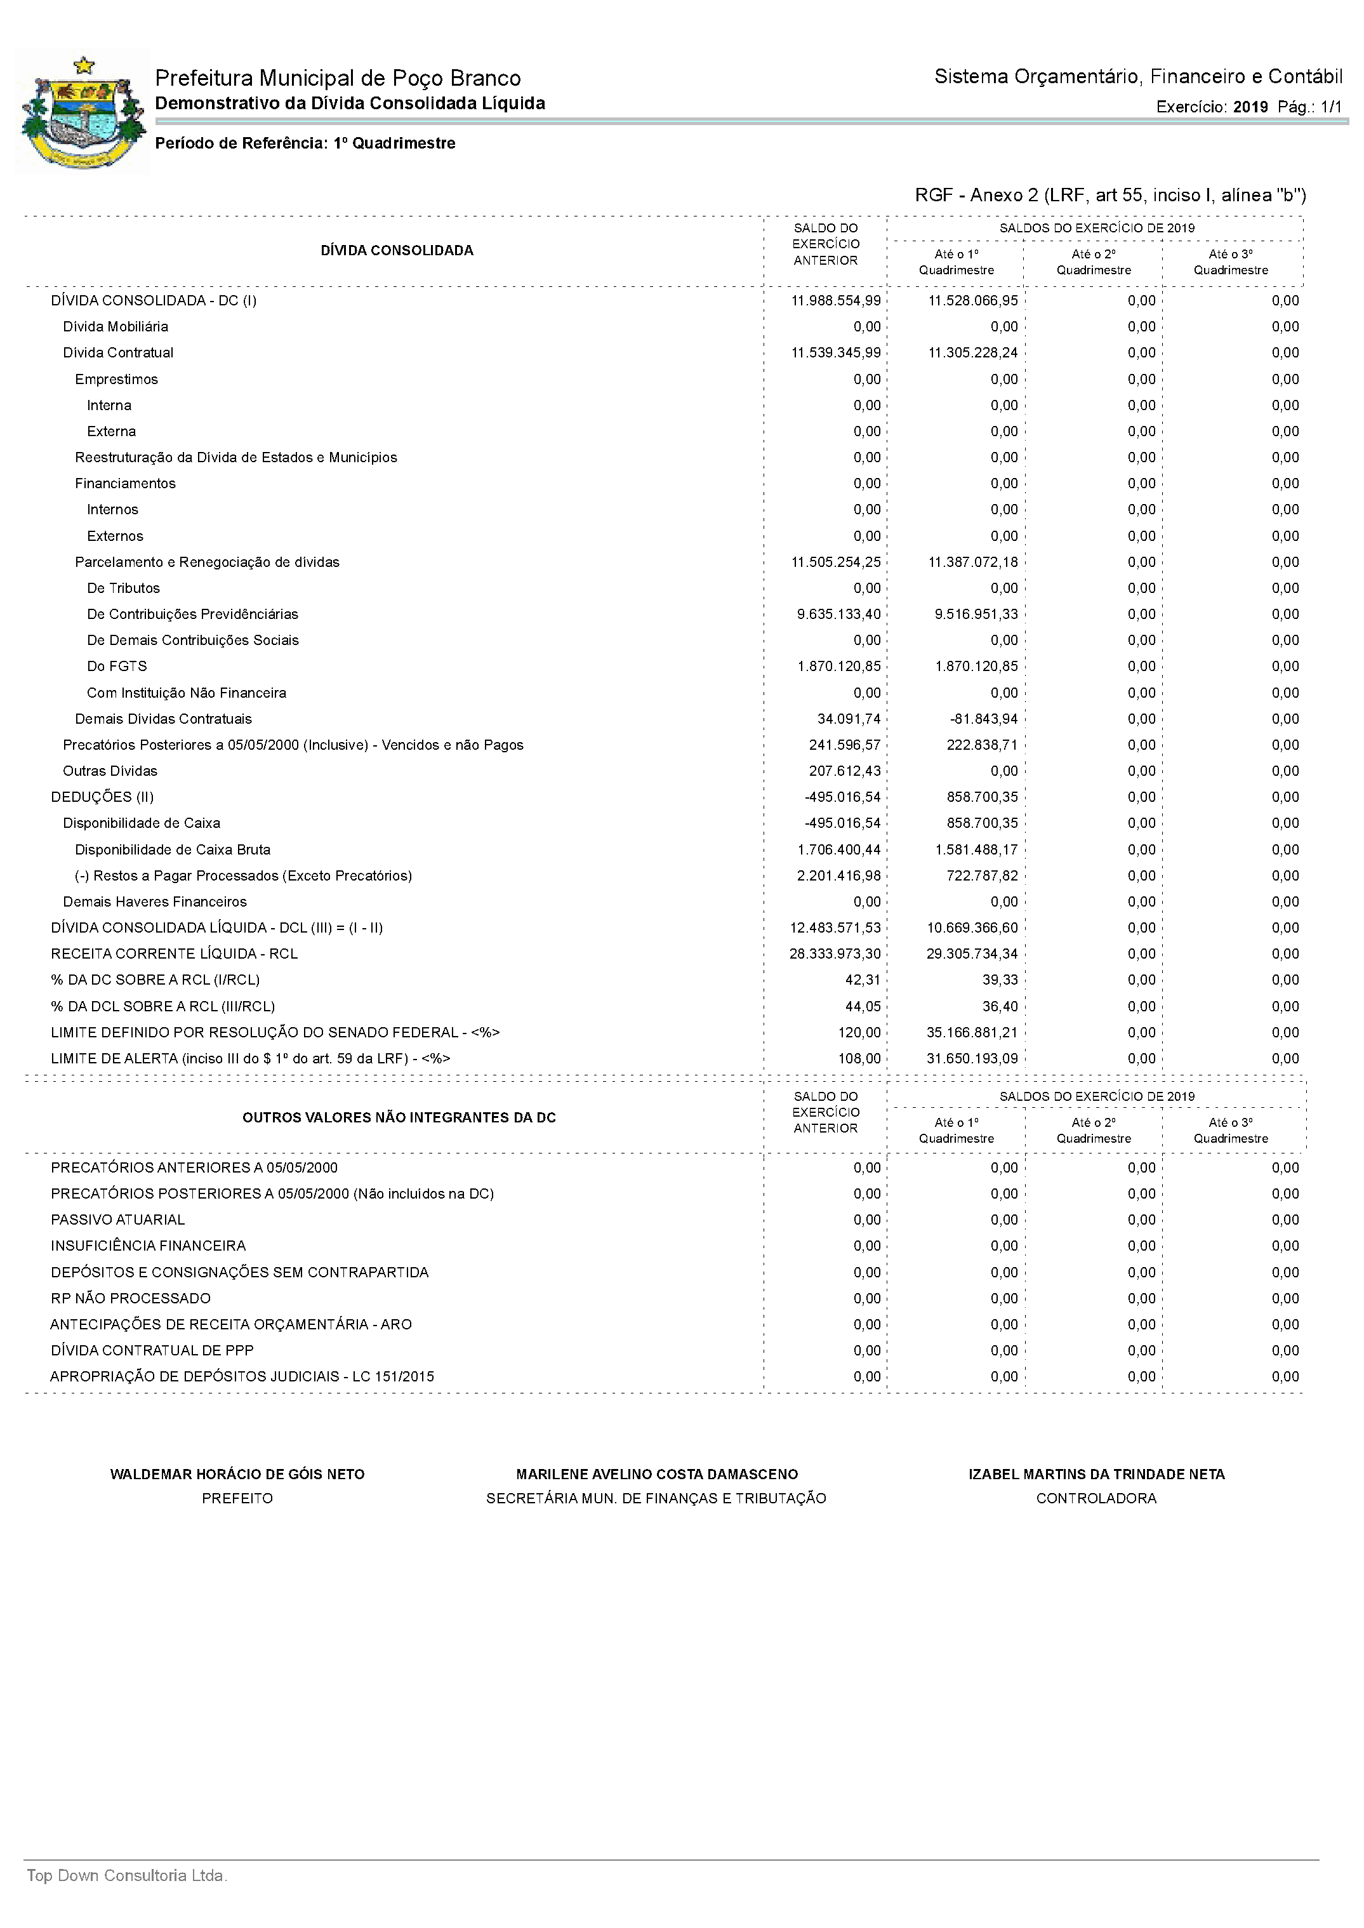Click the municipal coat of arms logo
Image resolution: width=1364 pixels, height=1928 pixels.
coord(83,112)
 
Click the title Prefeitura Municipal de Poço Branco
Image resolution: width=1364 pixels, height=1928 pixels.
coord(338,78)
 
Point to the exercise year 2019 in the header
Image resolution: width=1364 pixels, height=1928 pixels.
coord(1250,107)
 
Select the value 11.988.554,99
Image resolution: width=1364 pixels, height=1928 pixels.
coord(836,301)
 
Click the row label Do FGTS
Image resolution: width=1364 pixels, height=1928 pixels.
coord(117,666)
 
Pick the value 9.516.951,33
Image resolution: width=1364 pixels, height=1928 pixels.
coord(976,614)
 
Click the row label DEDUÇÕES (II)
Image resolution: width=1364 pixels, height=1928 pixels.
coord(102,797)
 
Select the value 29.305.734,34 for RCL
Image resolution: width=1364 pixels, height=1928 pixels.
coord(972,954)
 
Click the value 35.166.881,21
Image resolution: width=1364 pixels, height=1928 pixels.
coord(972,1032)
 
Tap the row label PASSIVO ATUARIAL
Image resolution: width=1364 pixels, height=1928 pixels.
coord(117,1220)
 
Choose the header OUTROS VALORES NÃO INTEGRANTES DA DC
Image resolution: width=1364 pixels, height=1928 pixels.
coord(399,1118)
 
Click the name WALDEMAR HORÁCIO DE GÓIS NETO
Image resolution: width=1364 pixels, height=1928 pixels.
coord(237,1474)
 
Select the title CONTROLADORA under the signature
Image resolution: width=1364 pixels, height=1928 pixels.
coord(1096,1499)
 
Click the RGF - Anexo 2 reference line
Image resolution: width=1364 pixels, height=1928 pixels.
coord(1109,196)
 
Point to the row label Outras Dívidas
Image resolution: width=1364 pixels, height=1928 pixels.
coord(110,771)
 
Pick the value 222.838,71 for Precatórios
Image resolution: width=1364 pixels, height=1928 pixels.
coord(982,745)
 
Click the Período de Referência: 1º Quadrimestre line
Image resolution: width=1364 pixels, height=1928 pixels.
coord(305,143)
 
